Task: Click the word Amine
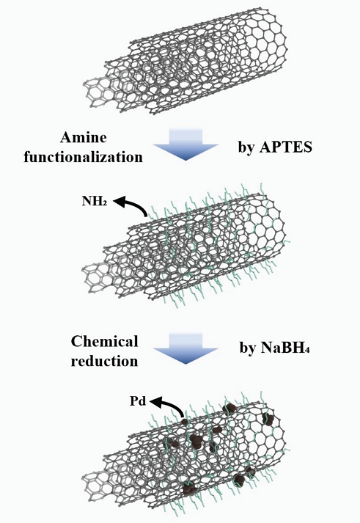pyautogui.click(x=84, y=137)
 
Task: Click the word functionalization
pyautogui.click(x=84, y=157)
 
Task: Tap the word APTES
pyautogui.click(x=286, y=147)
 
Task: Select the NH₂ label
pyautogui.click(x=95, y=201)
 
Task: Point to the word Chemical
pyautogui.click(x=104, y=342)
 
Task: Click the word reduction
pyautogui.click(x=104, y=361)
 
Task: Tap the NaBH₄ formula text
pyautogui.click(x=285, y=348)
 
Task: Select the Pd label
pyautogui.click(x=138, y=401)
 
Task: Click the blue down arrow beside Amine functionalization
pyautogui.click(x=185, y=144)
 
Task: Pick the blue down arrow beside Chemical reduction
pyautogui.click(x=185, y=348)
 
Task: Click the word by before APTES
pyautogui.click(x=246, y=147)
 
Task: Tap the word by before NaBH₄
pyautogui.click(x=248, y=348)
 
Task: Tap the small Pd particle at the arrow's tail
pyautogui.click(x=184, y=422)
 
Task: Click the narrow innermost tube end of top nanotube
pyautogui.click(x=97, y=93)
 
